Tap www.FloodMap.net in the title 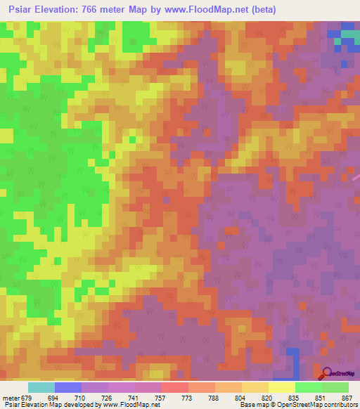(x=204, y=10)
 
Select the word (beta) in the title (x=261, y=10)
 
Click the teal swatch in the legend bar (x=41, y=387)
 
